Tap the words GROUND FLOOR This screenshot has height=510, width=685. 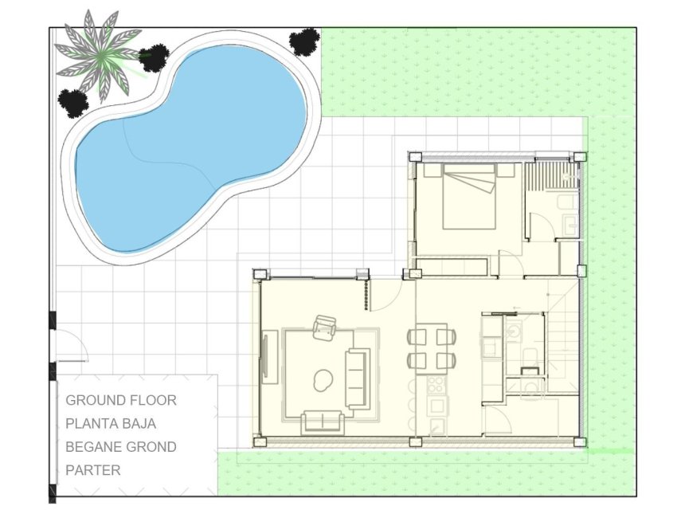click(121, 400)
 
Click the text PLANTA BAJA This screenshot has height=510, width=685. click(111, 423)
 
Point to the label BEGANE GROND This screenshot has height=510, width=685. click(121, 447)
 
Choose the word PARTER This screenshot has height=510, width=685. click(93, 470)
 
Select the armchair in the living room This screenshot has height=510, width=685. click(325, 327)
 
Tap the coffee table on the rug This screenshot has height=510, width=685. click(323, 380)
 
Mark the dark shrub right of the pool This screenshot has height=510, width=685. click(304, 41)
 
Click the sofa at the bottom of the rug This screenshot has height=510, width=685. click(322, 421)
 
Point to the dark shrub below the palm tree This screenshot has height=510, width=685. click(73, 101)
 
